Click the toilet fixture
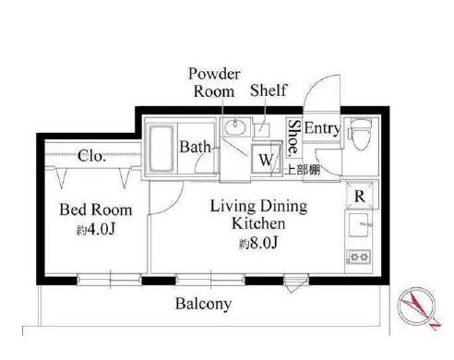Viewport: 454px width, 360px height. click(x=360, y=134)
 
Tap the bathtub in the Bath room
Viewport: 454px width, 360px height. click(x=161, y=149)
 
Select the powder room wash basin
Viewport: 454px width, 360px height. click(x=236, y=126)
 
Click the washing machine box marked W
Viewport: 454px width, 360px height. click(x=267, y=159)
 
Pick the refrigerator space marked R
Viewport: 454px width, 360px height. click(x=360, y=196)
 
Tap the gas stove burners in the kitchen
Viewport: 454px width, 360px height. click(x=359, y=257)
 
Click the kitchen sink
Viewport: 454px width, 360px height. click(x=359, y=225)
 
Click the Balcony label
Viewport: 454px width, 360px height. click(x=203, y=304)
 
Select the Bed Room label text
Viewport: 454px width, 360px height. click(x=96, y=210)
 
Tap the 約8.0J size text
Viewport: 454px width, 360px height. click(x=258, y=243)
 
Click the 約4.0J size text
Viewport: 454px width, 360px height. click(x=96, y=229)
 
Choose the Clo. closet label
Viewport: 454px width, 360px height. click(x=91, y=156)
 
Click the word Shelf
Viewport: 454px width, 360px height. click(x=269, y=90)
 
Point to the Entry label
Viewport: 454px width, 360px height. click(x=322, y=128)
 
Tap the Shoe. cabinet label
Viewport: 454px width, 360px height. click(x=293, y=137)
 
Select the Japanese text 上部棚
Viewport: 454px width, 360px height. click(x=303, y=170)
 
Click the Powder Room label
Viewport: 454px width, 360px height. click(x=214, y=82)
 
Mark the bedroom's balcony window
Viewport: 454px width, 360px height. click(x=109, y=280)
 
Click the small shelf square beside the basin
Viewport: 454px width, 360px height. click(x=262, y=130)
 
